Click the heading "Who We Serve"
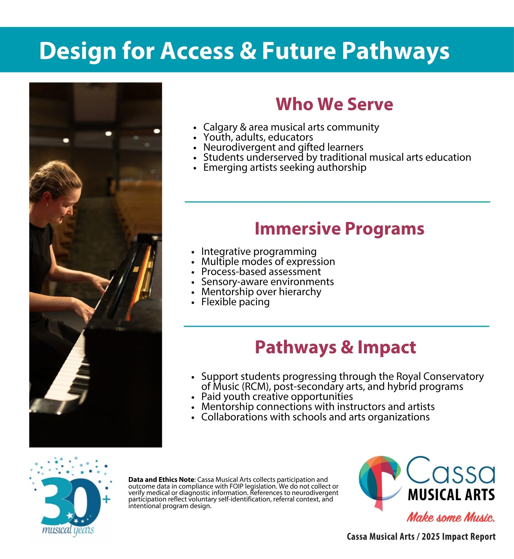pyautogui.click(x=334, y=104)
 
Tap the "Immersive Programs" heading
pyautogui.click(x=339, y=229)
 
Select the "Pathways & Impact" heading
pyautogui.click(x=335, y=347)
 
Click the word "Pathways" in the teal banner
pyautogui.click(x=396, y=51)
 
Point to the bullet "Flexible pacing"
pyautogui.click(x=235, y=302)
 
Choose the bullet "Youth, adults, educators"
pyautogui.click(x=258, y=137)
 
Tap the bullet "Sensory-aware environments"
pyautogui.click(x=267, y=282)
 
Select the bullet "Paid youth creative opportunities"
pyautogui.click(x=277, y=397)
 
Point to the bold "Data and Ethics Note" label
pyautogui.click(x=161, y=480)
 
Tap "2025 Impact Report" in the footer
pyautogui.click(x=458, y=537)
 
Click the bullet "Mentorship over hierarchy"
pyautogui.click(x=261, y=292)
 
